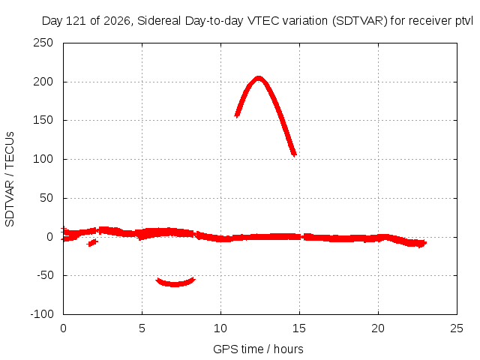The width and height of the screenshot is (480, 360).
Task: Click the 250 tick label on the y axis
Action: [43, 43]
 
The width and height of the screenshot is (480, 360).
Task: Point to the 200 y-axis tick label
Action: [43, 82]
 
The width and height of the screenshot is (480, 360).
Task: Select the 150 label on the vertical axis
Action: [43, 120]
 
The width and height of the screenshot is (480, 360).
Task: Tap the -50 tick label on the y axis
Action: [45, 275]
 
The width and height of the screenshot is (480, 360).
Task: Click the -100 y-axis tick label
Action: [42, 314]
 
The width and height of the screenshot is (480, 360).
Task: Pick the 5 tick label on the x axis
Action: [142, 328]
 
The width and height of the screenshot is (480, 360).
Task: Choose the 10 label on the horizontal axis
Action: [220, 328]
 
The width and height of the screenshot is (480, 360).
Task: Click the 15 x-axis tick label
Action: [299, 328]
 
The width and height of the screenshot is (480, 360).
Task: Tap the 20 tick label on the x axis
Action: [378, 328]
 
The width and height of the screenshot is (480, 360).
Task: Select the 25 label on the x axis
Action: [457, 328]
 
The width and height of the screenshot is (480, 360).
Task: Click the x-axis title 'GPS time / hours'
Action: [258, 349]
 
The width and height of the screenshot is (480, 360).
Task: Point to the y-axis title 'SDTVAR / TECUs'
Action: [10, 179]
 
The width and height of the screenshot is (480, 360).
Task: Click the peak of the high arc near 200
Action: [259, 78]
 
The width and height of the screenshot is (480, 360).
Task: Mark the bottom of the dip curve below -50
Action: [175, 284]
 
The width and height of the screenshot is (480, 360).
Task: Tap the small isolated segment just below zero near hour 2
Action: [92, 242]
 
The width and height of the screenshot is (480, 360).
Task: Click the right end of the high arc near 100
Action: [294, 154]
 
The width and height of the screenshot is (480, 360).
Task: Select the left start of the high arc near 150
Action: [237, 115]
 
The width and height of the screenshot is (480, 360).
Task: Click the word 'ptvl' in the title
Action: [464, 21]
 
